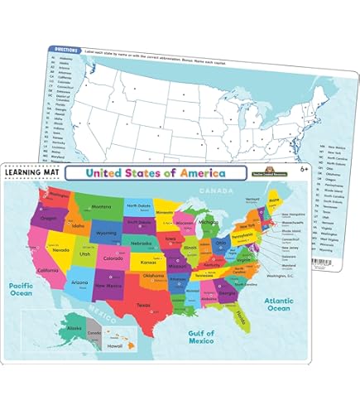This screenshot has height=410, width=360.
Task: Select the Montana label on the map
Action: (101, 207)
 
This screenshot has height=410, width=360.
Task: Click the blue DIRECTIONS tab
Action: (66, 49)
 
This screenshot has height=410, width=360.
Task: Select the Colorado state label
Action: (113, 255)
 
